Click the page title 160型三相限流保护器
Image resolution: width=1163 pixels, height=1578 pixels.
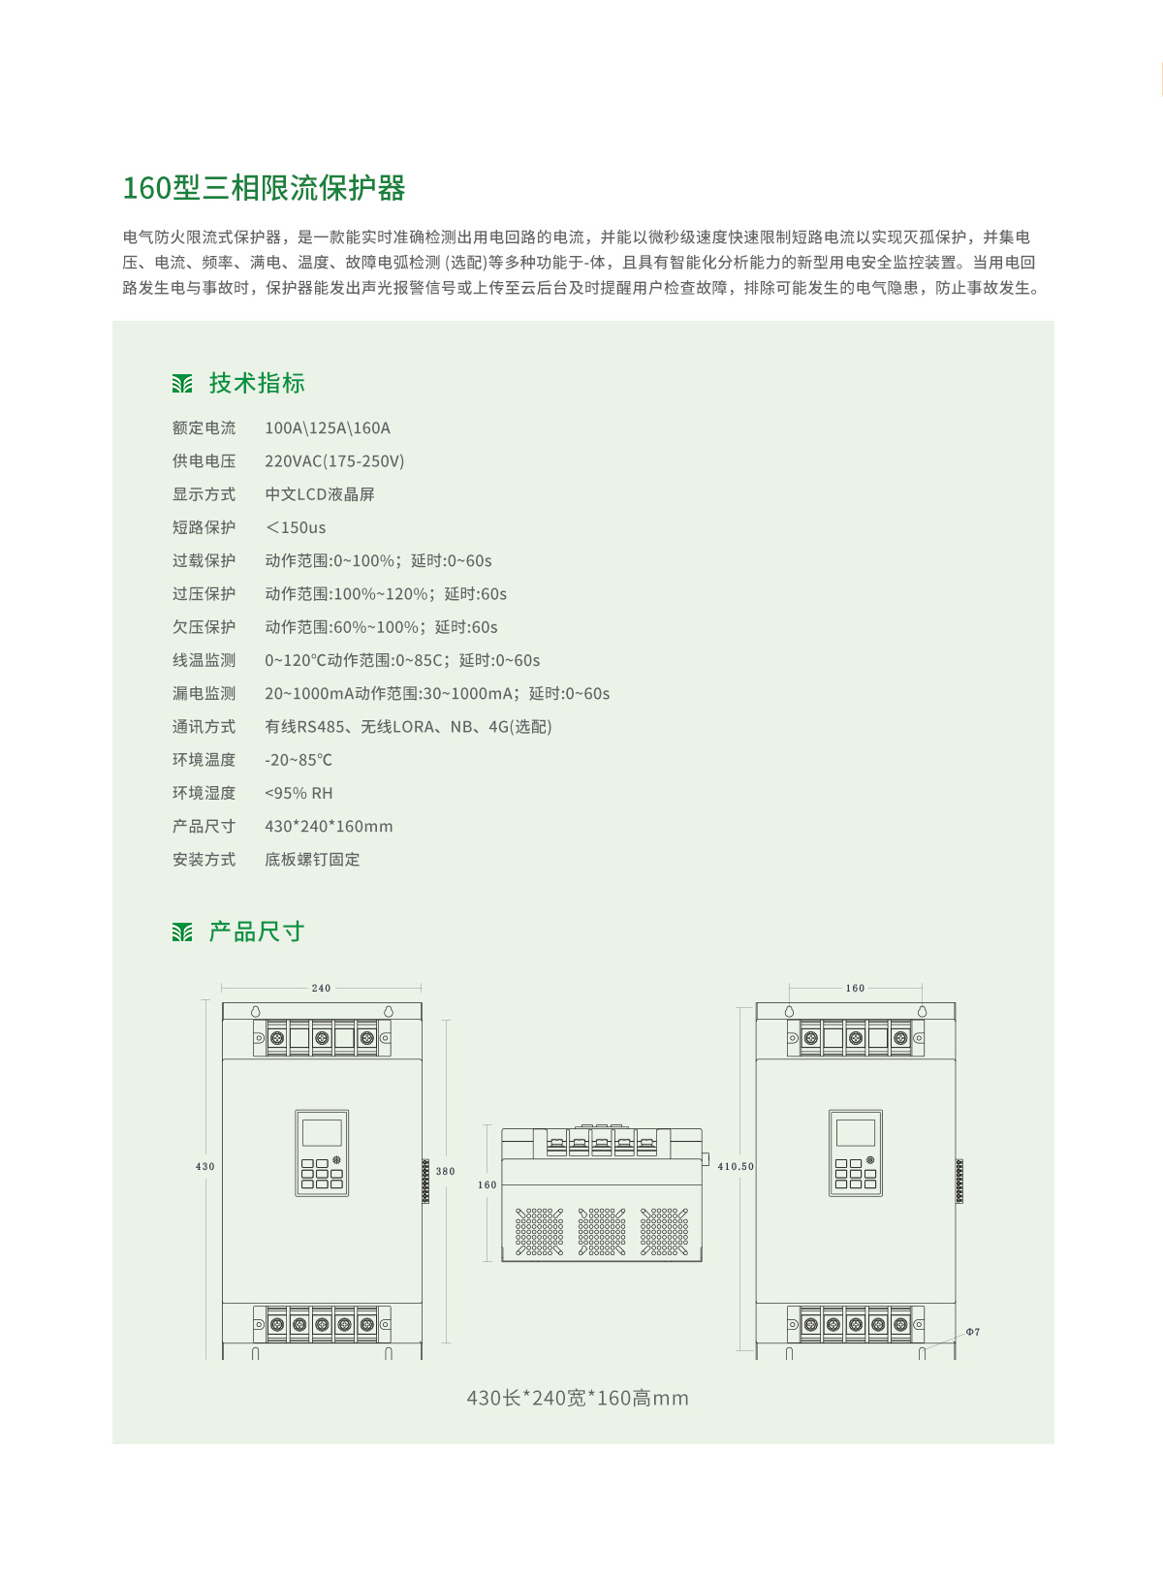(x=265, y=188)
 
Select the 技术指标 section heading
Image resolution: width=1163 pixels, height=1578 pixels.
(x=257, y=383)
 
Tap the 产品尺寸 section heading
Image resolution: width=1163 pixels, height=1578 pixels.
(x=257, y=931)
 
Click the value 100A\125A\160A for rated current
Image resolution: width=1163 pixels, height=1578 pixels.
(x=328, y=427)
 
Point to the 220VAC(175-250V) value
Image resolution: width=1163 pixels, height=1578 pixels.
(x=334, y=460)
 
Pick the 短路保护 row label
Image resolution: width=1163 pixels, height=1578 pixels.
(x=204, y=527)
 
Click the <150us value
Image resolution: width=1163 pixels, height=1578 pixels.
(x=296, y=527)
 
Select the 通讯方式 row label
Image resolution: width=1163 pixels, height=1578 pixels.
(x=204, y=726)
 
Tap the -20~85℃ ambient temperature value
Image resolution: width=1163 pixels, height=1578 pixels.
(x=299, y=759)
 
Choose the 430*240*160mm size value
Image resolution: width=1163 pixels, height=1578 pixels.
(x=329, y=826)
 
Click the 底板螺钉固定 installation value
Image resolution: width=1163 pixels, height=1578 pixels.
(x=313, y=860)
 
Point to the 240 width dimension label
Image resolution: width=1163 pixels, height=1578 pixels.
(x=321, y=988)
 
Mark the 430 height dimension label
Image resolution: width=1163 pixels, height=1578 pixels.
(x=205, y=1166)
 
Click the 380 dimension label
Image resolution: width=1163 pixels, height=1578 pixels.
(x=445, y=1171)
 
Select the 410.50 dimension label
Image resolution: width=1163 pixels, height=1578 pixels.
(x=736, y=1166)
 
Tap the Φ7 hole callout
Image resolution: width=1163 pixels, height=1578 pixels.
(x=973, y=1332)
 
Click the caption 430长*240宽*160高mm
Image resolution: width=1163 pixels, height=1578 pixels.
(x=578, y=1398)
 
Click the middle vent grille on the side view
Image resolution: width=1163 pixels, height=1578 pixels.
(x=602, y=1231)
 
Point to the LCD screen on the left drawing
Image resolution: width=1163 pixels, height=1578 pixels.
(x=322, y=1133)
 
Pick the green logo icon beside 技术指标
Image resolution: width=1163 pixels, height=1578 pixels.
(x=182, y=384)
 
